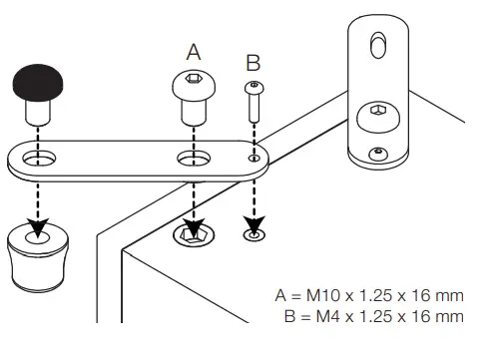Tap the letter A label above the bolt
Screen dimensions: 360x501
click(194, 51)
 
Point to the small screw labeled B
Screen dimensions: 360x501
click(253, 100)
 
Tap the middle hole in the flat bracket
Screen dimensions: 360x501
click(194, 157)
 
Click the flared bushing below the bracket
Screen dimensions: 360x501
click(37, 253)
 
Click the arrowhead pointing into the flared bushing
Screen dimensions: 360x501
click(39, 230)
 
